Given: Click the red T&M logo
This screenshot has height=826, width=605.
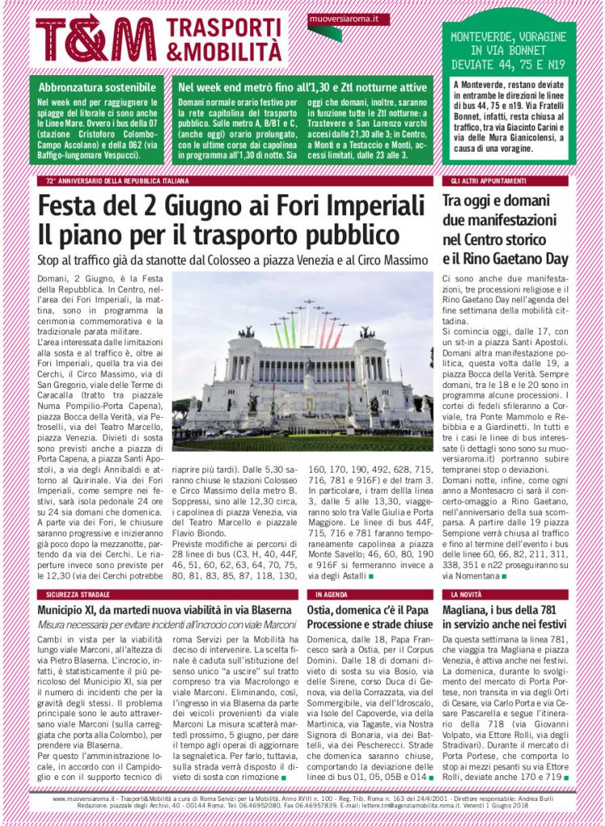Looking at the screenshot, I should click(95, 39).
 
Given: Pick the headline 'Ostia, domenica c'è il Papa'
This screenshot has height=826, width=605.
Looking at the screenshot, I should click(369, 610).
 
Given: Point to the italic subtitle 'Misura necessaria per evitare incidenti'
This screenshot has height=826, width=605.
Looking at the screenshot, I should click(166, 624).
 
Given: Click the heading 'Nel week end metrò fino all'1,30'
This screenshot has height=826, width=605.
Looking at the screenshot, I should click(303, 86).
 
